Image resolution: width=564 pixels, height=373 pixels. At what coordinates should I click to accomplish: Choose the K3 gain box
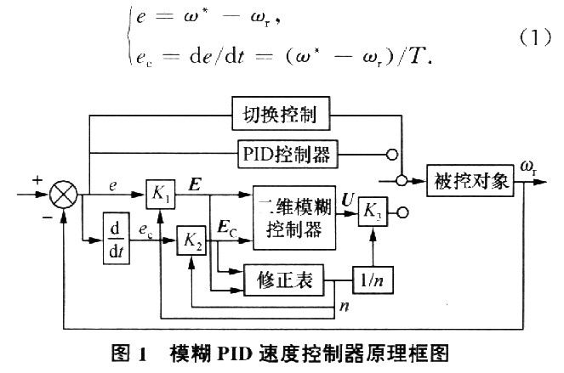click(372, 210)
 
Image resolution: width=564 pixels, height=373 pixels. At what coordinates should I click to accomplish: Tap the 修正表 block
click(280, 280)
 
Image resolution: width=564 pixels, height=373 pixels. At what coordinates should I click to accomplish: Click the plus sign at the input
click(37, 180)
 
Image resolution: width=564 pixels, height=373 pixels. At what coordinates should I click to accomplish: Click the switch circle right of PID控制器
click(394, 155)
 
